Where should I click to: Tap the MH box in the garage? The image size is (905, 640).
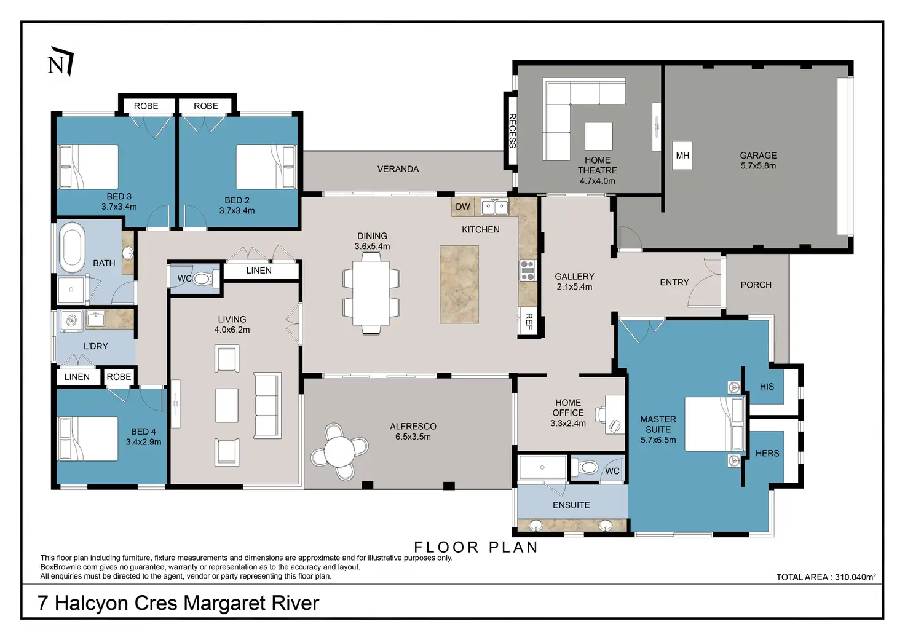682,156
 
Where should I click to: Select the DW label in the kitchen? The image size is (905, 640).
462,207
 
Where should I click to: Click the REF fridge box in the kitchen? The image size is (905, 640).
529,321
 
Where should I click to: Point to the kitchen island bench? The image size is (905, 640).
459,284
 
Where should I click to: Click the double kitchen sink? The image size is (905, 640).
495,207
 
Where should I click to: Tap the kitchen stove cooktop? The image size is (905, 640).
528,271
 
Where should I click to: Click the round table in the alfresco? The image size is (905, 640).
339,451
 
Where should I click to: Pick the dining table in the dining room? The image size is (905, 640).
371,293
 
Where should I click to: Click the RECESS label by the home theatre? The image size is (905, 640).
512,131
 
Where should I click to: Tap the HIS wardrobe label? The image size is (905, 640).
767,387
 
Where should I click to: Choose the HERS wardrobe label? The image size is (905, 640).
767,453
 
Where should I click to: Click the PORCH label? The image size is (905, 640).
756,285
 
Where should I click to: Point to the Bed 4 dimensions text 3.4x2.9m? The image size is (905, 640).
143,442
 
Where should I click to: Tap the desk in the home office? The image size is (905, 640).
615,414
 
